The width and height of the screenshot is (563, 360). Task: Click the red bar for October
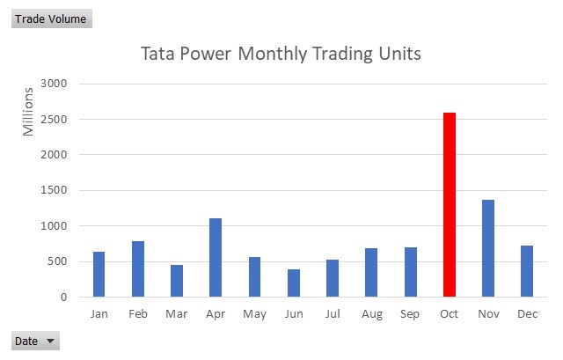click(x=449, y=205)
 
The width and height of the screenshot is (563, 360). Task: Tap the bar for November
click(x=487, y=248)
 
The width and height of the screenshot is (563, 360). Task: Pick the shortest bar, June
click(x=293, y=283)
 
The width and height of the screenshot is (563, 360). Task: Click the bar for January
click(x=99, y=275)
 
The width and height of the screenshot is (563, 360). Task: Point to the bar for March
click(x=177, y=281)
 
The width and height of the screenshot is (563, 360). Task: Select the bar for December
click(x=526, y=271)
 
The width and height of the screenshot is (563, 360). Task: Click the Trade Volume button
click(x=51, y=18)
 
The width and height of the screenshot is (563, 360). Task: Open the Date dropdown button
click(x=35, y=342)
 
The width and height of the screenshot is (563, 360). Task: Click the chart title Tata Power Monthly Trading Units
click(x=281, y=54)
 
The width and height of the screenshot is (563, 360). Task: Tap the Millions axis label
click(x=28, y=111)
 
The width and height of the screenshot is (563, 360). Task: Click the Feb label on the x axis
click(x=138, y=314)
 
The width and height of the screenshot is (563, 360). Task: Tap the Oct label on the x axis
click(x=449, y=314)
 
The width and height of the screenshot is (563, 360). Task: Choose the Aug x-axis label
click(x=371, y=314)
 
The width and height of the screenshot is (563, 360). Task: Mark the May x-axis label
click(x=254, y=314)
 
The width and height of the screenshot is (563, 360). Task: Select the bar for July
click(x=333, y=278)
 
